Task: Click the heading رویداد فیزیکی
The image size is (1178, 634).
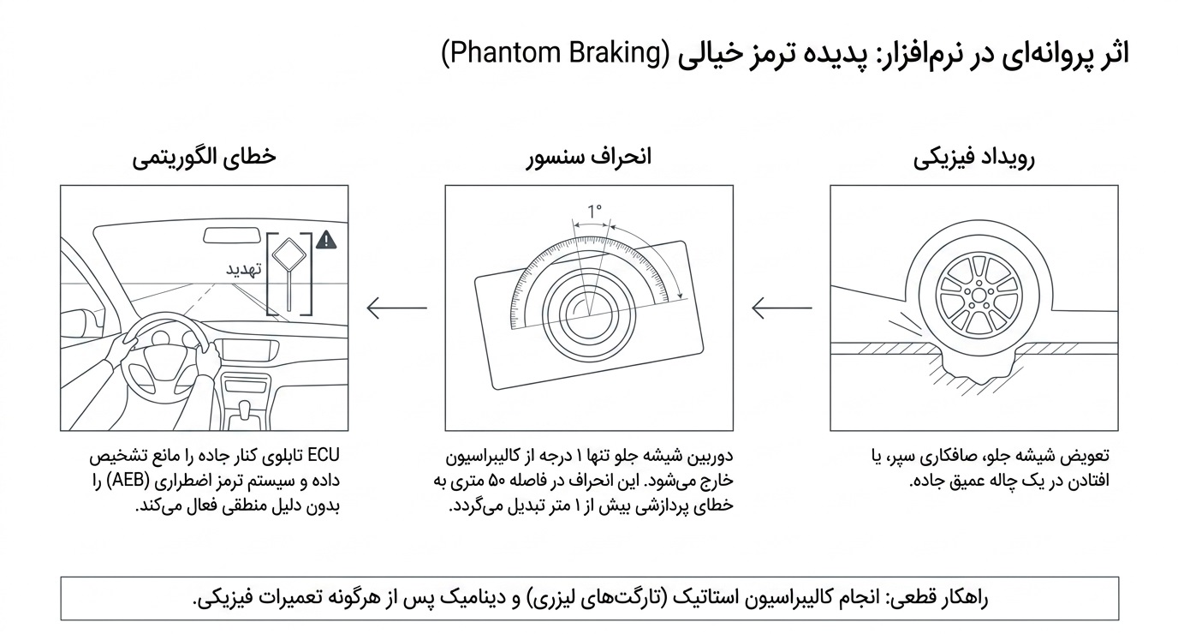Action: coord(974,158)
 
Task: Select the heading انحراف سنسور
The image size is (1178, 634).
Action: coord(589,157)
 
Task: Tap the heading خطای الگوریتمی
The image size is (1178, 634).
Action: coord(204,157)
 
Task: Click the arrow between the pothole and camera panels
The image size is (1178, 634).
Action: coord(782,308)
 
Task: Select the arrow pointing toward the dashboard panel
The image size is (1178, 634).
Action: coord(397,308)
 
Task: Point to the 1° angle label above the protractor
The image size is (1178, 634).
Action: coord(594,212)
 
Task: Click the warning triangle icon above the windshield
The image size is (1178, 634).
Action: coord(326,240)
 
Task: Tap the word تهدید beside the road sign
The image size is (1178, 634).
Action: coord(244,269)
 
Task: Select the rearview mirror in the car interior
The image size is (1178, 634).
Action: coord(232,236)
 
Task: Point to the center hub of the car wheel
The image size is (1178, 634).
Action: coord(979,296)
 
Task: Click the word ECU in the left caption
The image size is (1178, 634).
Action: coord(324,456)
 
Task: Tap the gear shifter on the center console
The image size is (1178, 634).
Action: coord(245,410)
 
